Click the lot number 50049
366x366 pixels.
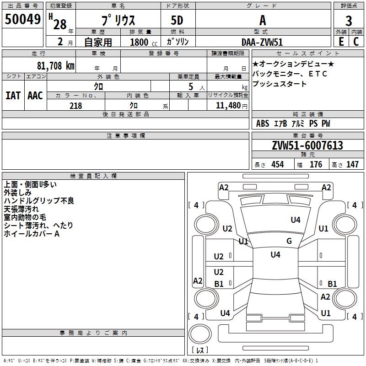(22, 19)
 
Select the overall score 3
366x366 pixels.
(349, 21)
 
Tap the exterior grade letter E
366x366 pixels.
(341, 42)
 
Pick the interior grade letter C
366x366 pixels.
(356, 42)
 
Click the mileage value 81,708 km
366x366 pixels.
(56, 66)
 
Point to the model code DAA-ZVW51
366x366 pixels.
(262, 42)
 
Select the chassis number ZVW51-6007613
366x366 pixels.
(307, 145)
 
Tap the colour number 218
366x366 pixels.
(75, 106)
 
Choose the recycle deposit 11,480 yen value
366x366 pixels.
(231, 106)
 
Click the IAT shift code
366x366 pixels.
(13, 96)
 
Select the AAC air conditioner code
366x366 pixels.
(35, 96)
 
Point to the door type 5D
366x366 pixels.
(177, 20)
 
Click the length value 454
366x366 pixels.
(278, 165)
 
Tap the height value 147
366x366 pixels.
(352, 165)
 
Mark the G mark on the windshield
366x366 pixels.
(289, 241)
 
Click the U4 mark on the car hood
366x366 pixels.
(296, 220)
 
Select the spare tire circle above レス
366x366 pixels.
(200, 334)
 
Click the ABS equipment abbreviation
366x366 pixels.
(263, 124)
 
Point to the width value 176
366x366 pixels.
(316, 165)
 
